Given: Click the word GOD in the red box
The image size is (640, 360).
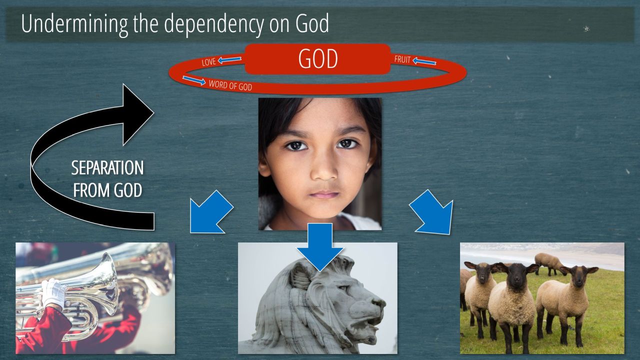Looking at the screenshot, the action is pos(318,59).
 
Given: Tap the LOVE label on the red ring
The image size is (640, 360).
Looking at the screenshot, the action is pos(209,61).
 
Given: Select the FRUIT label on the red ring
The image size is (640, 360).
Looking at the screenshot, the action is pos(402,59).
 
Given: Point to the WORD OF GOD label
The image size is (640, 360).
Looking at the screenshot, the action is pos(230,85).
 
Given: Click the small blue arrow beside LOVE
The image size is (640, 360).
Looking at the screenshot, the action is pos(229,59).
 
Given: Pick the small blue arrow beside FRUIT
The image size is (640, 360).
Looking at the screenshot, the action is pos(424,61).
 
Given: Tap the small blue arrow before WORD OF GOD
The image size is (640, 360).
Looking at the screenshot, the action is pos(194,80).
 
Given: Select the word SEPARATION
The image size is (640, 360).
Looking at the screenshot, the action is pos(107,167).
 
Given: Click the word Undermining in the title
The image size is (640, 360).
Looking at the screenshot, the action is pos(74,23).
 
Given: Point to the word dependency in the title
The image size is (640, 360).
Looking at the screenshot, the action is pos(213,24).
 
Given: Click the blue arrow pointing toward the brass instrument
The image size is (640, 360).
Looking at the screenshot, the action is pos(211,211).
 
